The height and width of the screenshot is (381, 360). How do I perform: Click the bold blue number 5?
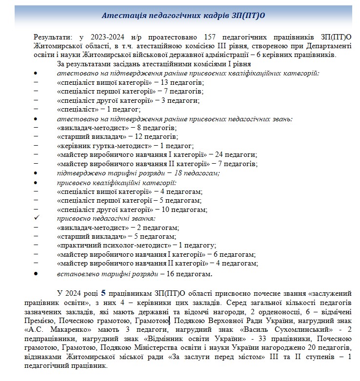coord(103,293)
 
